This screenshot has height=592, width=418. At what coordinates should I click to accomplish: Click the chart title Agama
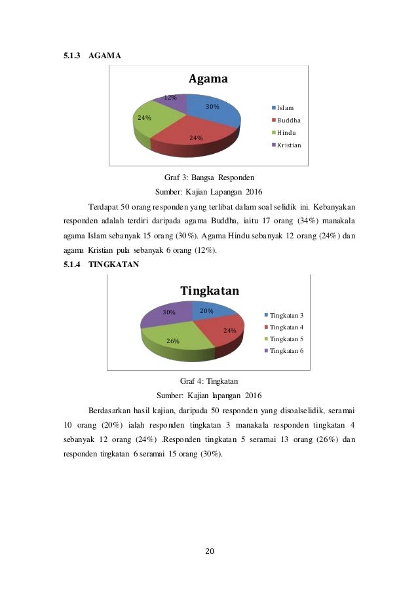208,79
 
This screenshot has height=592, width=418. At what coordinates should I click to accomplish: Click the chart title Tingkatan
209,290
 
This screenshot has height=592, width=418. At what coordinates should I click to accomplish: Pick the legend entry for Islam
285,107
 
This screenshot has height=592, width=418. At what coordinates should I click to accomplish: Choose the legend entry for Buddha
288,120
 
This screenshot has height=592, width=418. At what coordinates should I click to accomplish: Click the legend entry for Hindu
286,132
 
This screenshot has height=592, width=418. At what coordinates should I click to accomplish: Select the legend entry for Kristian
289,145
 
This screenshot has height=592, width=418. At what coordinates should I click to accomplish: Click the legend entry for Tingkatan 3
286,315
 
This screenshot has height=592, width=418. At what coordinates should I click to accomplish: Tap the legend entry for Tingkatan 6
286,351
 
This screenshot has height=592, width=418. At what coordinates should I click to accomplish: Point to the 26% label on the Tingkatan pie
173,341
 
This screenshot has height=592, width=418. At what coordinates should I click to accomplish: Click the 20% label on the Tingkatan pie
207,311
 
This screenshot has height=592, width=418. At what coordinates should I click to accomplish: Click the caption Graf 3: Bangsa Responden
208,177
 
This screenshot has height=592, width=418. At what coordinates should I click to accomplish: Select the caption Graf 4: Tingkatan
208,380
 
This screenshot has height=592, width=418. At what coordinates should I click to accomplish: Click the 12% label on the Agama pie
170,98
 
